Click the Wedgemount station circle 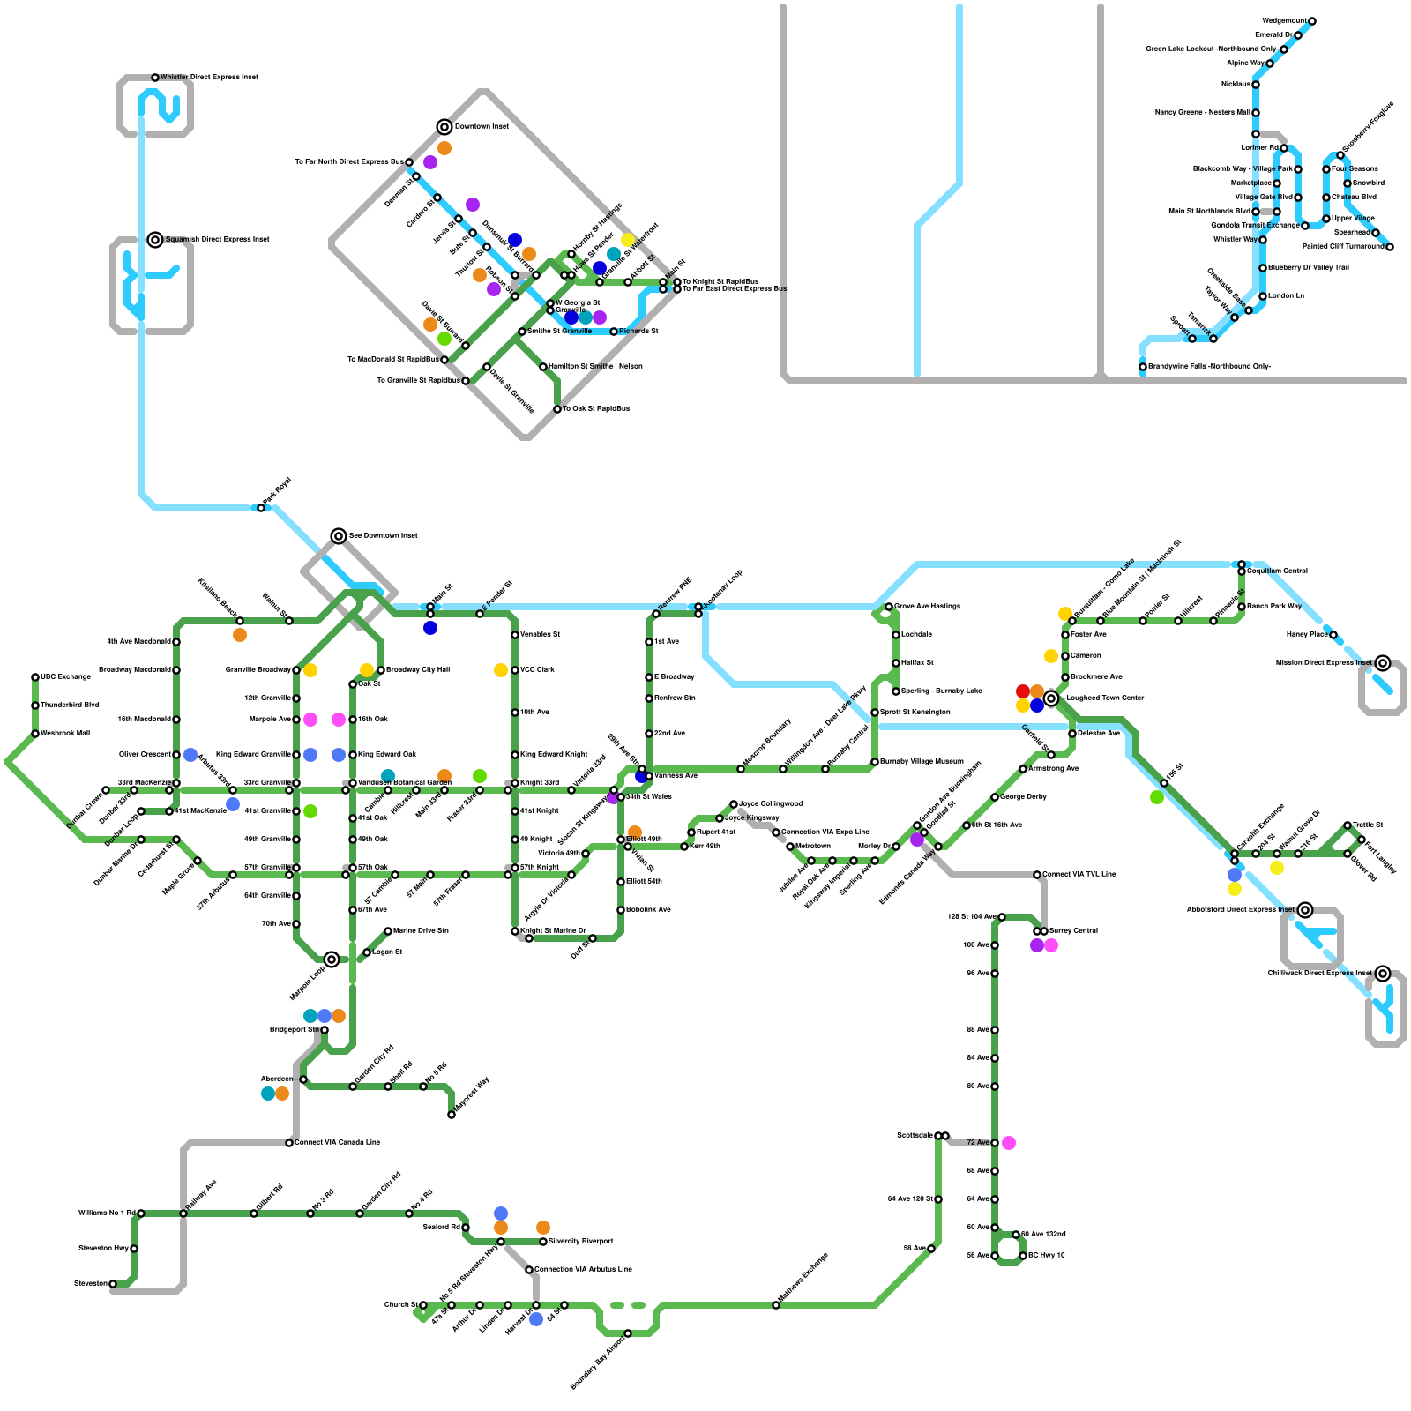point(1312,21)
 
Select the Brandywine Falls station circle point(1143,367)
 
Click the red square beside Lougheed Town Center point(1023,691)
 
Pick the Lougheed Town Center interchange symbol point(1051,698)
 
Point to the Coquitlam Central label point(1277,571)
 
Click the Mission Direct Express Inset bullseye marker point(1383,663)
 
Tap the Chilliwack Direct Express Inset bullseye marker point(1383,974)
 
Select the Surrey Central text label point(1073,931)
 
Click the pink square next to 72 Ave point(1009,1143)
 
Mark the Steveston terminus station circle point(113,1284)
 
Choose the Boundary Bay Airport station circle point(628,1333)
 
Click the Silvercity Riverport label point(581,1242)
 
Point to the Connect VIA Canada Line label point(338,1143)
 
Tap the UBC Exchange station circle point(35,677)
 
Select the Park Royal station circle point(261,508)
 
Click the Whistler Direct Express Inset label point(209,78)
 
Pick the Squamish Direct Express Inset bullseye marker point(155,240)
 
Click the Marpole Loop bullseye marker point(332,959)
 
